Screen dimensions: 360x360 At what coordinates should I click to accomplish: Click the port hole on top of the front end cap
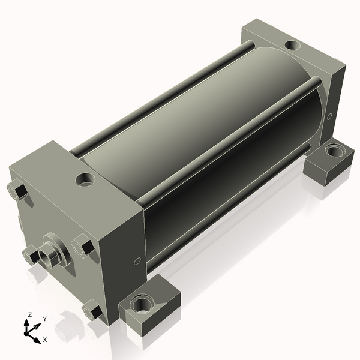point(85,179)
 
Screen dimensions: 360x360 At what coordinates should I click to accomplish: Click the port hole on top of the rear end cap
point(293,45)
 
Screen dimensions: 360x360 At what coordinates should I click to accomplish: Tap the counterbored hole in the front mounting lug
point(142,304)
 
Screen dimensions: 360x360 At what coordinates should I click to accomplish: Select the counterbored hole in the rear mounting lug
point(335,151)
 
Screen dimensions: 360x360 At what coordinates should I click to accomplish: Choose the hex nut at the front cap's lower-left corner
point(31,256)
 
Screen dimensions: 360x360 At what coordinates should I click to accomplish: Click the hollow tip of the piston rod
point(47,257)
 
